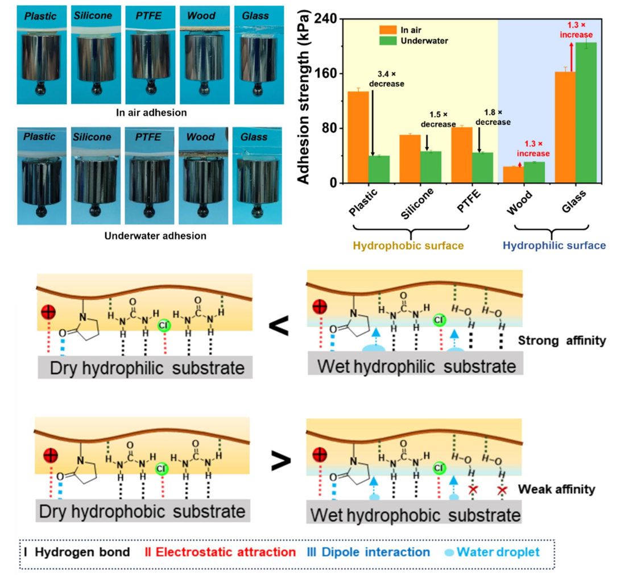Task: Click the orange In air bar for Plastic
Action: tap(358, 137)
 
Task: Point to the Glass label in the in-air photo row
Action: tap(254, 15)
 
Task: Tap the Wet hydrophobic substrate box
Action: tap(414, 515)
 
